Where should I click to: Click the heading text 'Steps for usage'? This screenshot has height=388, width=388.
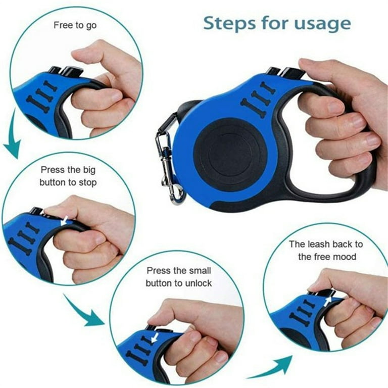[276, 23]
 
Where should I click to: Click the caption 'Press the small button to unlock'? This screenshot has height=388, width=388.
[178, 277]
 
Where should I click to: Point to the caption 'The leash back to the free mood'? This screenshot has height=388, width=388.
[326, 250]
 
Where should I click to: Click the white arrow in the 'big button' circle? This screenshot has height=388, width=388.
[65, 221]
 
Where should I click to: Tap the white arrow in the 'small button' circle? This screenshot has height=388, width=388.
[154, 335]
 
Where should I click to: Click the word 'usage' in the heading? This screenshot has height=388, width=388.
[324, 24]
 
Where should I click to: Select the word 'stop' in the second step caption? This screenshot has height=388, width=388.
[86, 182]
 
